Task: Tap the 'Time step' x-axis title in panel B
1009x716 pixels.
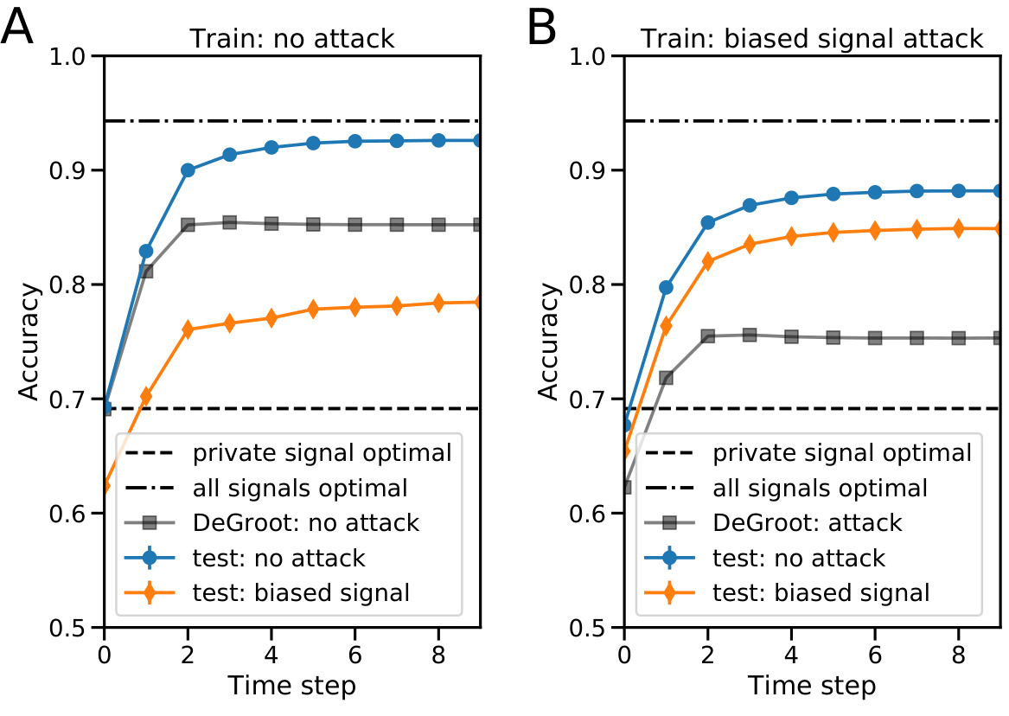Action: tap(812, 686)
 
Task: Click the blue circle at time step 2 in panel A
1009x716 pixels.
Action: tap(188, 170)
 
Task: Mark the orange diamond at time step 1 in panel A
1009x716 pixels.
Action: tap(146, 396)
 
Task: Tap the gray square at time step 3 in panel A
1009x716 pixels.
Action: tap(230, 222)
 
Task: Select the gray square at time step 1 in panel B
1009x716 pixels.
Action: tap(666, 377)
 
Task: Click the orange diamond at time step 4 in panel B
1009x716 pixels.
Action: tap(791, 236)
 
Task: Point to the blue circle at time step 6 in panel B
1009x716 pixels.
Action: tap(874, 192)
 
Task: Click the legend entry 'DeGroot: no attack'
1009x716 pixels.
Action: tap(306, 522)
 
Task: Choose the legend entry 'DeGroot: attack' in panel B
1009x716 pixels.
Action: tap(808, 522)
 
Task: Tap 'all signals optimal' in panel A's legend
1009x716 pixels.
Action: tap(300, 488)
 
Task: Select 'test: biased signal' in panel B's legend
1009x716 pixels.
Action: tap(821, 592)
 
